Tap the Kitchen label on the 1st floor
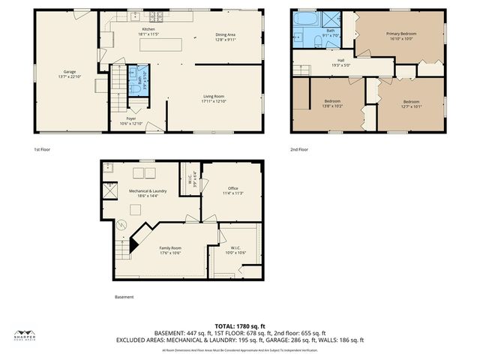pyautogui.click(x=128, y=28)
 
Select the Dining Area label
pyautogui.click(x=226, y=34)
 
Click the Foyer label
pyautogui.click(x=131, y=118)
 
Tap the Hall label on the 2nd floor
pyautogui.click(x=340, y=61)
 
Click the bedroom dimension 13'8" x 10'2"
pyautogui.click(x=334, y=106)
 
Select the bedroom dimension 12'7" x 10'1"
pyautogui.click(x=411, y=106)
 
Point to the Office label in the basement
pyautogui.click(x=232, y=187)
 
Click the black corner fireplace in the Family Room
pyautogui.click(x=136, y=242)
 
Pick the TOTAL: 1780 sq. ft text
pyautogui.click(x=240, y=326)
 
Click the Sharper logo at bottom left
pyautogui.click(x=25, y=335)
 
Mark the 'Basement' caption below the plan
pyautogui.click(x=124, y=296)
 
